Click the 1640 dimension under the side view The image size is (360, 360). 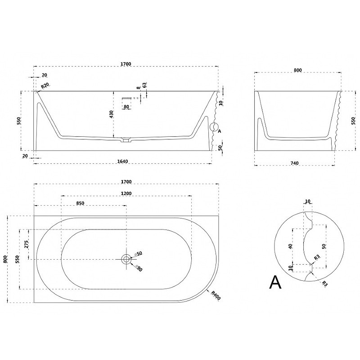[x=122, y=162]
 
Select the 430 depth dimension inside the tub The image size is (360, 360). [x=111, y=114]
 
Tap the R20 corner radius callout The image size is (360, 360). [x=45, y=86]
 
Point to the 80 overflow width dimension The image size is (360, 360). [x=126, y=107]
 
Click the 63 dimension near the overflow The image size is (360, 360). [x=144, y=85]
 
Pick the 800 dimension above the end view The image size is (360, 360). [x=297, y=70]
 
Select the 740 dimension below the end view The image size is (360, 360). [x=295, y=163]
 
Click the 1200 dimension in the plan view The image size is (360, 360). [x=126, y=193]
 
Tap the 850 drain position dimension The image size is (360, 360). [x=80, y=203]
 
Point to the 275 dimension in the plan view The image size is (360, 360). [x=27, y=244]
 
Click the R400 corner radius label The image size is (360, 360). [x=216, y=295]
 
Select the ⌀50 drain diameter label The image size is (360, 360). [x=139, y=254]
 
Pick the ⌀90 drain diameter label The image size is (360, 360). [x=139, y=268]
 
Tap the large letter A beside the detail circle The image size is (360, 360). [x=275, y=282]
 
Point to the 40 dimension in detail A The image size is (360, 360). [x=290, y=246]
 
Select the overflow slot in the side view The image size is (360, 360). [x=126, y=98]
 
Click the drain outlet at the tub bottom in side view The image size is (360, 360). [x=126, y=140]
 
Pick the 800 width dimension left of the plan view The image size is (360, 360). [x=5, y=259]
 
